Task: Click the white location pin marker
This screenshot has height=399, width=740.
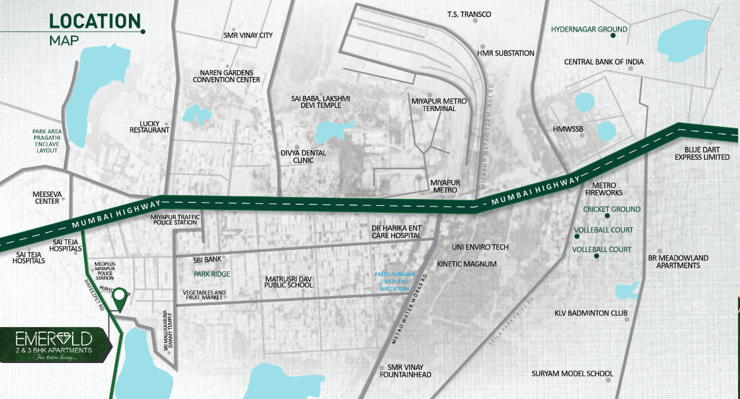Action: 118,296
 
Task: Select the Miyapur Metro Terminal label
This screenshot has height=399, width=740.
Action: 434,105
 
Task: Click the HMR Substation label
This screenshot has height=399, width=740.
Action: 506,53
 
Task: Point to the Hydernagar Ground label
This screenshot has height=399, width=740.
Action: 589,29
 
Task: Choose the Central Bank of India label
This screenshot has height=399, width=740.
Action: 604,62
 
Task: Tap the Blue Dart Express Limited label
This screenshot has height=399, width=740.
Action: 703,153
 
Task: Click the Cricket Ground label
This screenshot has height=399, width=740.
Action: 612,209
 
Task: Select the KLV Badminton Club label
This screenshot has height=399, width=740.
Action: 591,313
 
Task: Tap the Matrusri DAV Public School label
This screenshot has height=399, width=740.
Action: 289,282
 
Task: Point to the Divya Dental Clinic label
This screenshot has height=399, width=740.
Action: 304,157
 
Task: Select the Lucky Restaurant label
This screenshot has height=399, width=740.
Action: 150,126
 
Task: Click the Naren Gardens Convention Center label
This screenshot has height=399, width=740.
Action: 226,76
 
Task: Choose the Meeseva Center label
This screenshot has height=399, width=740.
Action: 46,198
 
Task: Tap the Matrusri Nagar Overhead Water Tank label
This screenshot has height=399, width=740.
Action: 394,282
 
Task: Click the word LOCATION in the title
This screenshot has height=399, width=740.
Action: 95,21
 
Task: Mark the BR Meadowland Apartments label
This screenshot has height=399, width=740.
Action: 678,261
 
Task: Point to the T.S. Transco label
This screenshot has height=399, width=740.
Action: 469,14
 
